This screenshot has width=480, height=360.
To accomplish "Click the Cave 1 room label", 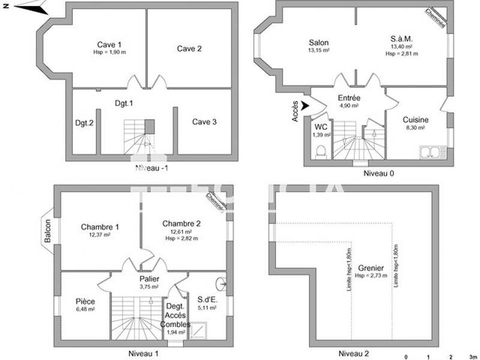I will point(110,44).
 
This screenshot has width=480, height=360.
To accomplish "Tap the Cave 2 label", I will point(189,49).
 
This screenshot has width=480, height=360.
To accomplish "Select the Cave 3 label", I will point(205,122).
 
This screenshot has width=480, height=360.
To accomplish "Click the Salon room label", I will point(319,43).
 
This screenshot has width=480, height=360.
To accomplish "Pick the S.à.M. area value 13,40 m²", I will point(401,47).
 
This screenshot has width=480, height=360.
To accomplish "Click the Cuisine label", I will point(415,119).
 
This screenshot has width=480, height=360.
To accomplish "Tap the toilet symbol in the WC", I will point(320,151).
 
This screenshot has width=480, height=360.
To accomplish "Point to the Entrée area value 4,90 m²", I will point(349,106).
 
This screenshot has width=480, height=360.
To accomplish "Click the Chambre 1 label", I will point(100,227).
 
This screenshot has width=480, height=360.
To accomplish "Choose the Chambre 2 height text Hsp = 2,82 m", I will point(181,238).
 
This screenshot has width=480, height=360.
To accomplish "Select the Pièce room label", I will point(85,301).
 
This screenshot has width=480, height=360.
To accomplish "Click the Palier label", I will point(149,279).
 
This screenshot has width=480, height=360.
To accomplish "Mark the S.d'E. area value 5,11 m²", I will point(206,308).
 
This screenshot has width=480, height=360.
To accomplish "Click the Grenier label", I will point(371,268).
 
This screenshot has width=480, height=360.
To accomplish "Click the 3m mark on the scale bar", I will point(473,356).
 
